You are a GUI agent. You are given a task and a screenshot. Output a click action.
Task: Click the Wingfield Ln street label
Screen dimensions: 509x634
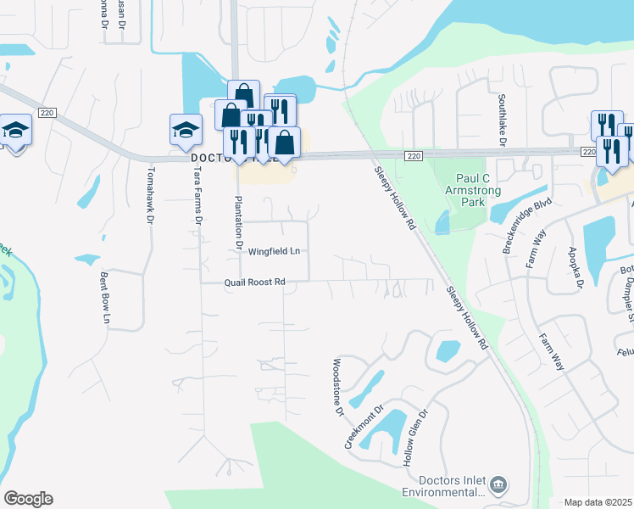tap(274, 251)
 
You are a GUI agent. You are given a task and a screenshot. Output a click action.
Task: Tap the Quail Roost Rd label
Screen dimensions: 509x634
tap(254, 282)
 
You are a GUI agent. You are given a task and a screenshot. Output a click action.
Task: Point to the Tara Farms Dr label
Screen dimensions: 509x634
tap(197, 196)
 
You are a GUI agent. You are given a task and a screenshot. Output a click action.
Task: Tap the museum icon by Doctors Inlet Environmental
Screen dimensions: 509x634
tap(499, 484)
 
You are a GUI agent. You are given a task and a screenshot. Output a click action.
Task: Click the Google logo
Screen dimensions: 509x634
tap(28, 499)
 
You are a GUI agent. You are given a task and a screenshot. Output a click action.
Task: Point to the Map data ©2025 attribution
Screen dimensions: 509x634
tap(598, 502)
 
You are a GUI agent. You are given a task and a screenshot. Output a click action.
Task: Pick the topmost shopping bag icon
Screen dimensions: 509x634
tap(242, 93)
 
